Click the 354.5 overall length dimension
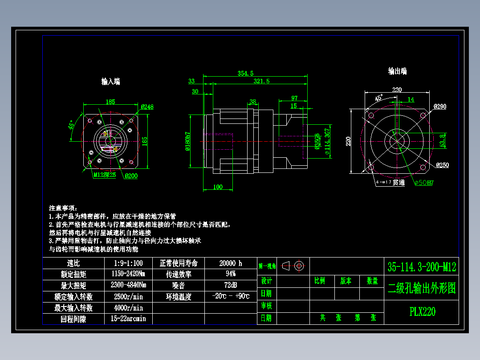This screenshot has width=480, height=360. (x=245, y=73)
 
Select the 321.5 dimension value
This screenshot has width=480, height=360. (x=261, y=81)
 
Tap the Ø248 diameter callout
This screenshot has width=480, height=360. (x=147, y=107)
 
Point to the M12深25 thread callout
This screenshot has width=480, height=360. (x=104, y=175)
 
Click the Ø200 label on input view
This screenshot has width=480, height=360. (x=131, y=176)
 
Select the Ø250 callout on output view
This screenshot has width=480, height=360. (x=443, y=165)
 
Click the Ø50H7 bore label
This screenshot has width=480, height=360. (x=424, y=183)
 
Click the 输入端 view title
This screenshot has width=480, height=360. (x=110, y=82)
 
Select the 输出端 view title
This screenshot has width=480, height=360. (x=397, y=71)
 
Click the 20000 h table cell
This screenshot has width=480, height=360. (x=231, y=263)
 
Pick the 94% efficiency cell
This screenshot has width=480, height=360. (x=231, y=274)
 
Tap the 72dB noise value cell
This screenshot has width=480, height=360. (x=231, y=285)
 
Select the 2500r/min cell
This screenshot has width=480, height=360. (x=128, y=296)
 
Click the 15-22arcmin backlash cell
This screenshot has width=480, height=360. (x=128, y=319)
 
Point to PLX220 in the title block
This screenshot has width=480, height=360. (x=422, y=311)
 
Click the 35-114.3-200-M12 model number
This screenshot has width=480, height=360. (x=422, y=267)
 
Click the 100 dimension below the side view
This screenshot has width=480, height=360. (x=218, y=187)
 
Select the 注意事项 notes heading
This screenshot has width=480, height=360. (x=63, y=208)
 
